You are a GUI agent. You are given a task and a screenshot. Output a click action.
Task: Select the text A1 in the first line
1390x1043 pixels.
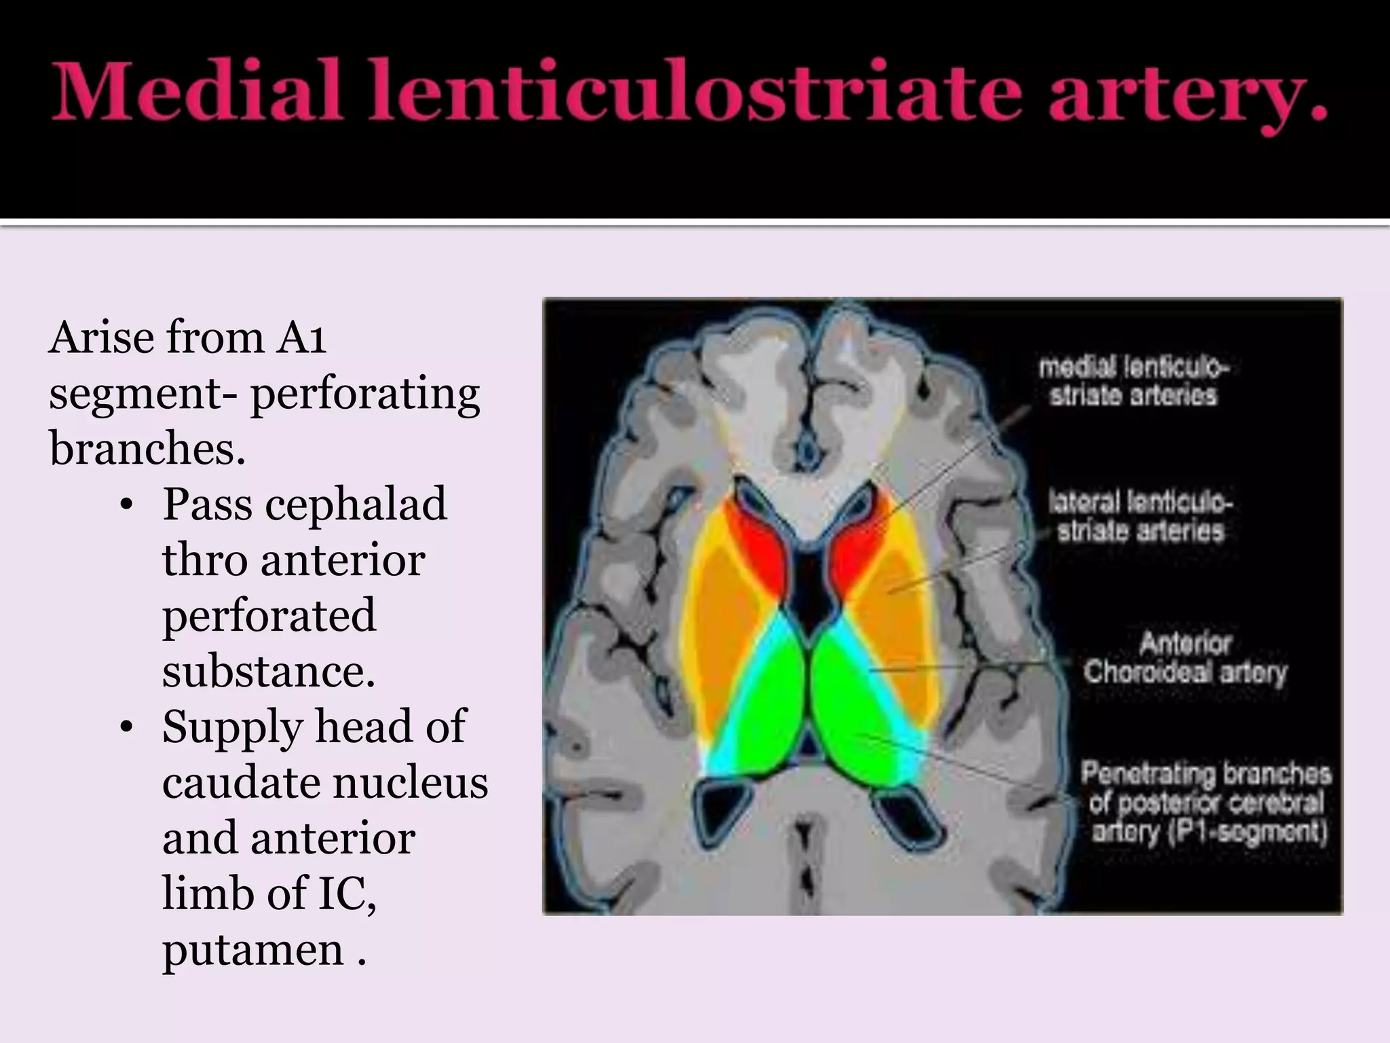point(300,337)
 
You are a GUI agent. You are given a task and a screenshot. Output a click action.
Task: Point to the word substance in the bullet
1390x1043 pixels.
point(268,672)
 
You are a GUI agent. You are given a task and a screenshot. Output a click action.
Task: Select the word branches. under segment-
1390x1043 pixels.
point(147,448)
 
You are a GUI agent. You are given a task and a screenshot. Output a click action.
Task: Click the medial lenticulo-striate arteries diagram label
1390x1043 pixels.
point(1133,382)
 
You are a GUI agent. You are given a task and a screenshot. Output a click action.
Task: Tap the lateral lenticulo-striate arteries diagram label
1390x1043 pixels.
point(1140,517)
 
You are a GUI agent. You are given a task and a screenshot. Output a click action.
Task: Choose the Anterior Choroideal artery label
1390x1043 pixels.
point(1184,657)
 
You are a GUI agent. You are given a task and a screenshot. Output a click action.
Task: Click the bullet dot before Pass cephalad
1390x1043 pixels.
point(126,506)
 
